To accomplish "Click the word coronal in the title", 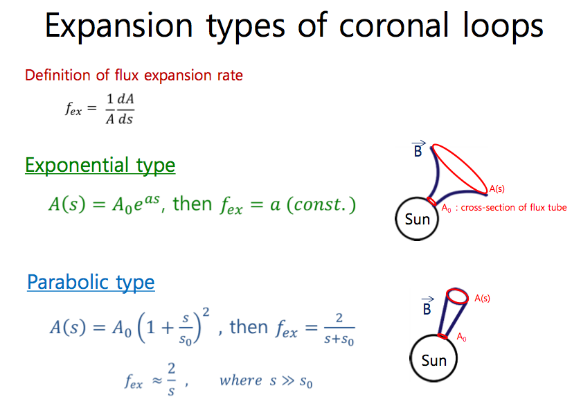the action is tap(394, 26).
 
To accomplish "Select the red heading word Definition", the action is tap(57, 76).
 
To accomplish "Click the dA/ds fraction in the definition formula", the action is tap(125, 109).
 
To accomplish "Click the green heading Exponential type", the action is tap(100, 166).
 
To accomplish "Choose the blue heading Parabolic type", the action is tap(91, 283).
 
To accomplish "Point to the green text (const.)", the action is tap(321, 204).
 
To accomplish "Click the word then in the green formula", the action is tap(193, 204).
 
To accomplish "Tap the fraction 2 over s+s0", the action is tap(339, 329).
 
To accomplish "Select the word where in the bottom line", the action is tap(240, 380).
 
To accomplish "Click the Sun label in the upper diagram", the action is tap(417, 219).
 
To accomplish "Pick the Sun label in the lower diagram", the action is tap(433, 360).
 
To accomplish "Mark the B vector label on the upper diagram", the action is tap(418, 149).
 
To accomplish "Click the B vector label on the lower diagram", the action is tap(427, 306).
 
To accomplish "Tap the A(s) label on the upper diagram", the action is tap(497, 188).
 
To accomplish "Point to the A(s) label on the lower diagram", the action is tap(482, 298).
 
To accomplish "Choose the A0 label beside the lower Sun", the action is tap(461, 337).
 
